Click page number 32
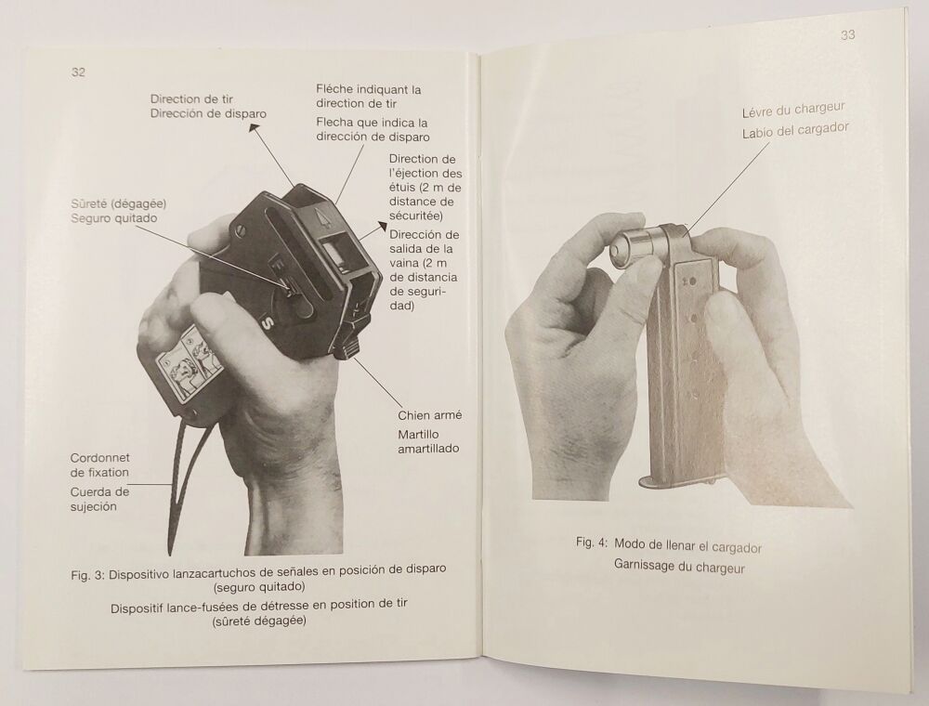point(78,72)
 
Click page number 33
point(848,35)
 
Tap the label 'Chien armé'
point(429,415)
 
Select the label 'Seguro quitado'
point(114,218)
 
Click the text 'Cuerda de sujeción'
point(99,499)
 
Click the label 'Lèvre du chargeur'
point(793,111)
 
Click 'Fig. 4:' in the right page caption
point(592,543)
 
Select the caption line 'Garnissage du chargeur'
point(679,566)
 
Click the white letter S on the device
point(268,322)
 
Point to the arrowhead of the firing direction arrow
point(253,127)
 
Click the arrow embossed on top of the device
point(323,216)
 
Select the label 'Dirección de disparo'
point(208,113)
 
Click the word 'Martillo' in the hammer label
point(418,434)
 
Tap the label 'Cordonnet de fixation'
point(99,465)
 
